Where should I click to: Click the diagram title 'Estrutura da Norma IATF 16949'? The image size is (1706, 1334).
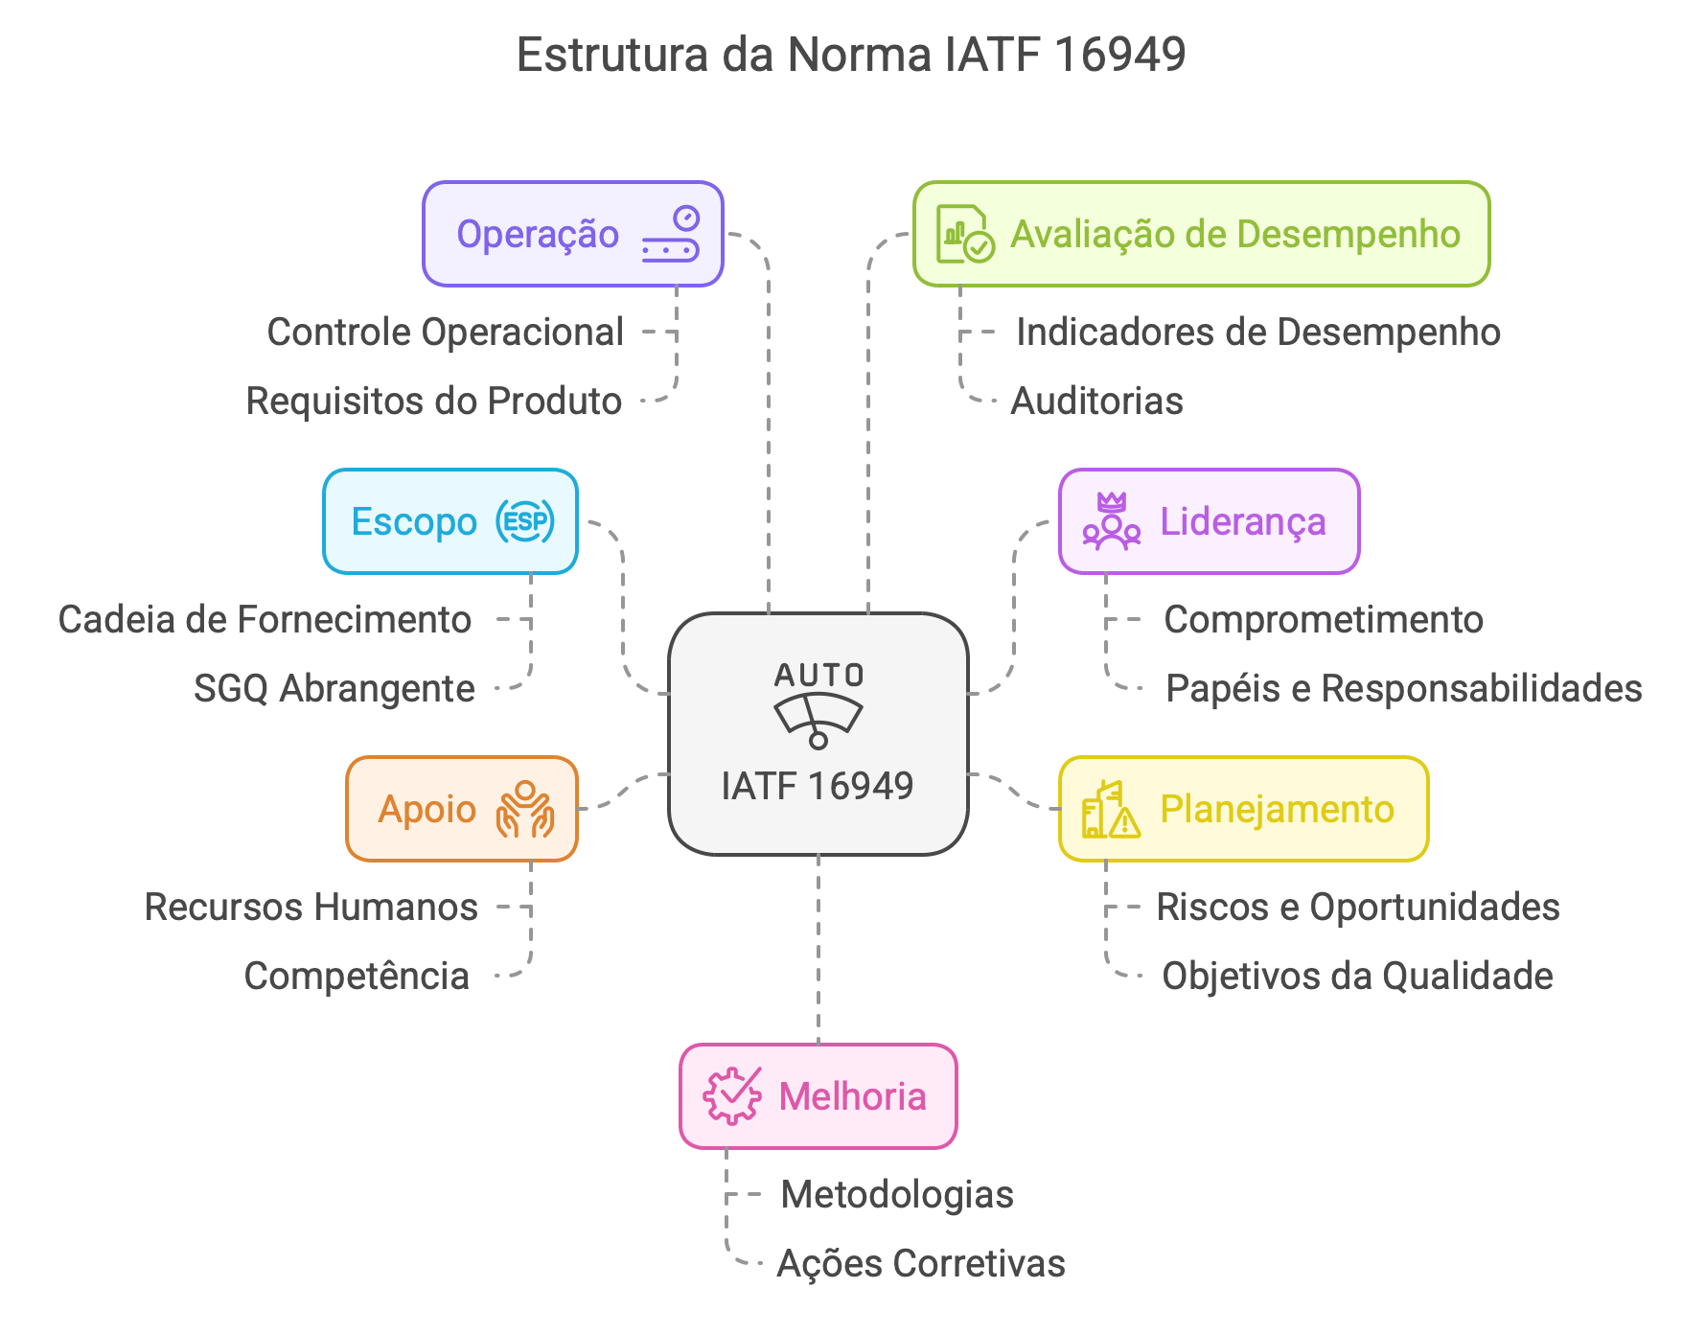851,55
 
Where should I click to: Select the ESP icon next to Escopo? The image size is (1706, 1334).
525,521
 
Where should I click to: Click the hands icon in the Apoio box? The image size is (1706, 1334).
524,809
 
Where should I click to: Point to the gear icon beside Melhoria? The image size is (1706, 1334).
732,1095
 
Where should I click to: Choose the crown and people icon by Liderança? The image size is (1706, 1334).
1112,521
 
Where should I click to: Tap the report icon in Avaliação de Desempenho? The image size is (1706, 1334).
964,234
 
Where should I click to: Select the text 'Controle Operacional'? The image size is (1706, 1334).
446,333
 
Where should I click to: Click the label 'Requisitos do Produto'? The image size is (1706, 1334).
434,402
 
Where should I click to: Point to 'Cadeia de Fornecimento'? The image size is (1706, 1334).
265,620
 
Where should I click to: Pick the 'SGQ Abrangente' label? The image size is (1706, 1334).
334,689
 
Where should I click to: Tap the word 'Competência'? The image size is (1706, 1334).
357,977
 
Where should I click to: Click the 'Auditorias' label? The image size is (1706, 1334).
1096,402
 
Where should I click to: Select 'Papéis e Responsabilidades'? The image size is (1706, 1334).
1403,689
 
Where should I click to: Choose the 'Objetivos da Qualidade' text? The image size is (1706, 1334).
1357,977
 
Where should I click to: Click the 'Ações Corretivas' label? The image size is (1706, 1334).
920,1264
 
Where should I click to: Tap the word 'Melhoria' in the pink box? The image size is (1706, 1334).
852,1096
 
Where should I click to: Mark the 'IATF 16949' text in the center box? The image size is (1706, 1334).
818,787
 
